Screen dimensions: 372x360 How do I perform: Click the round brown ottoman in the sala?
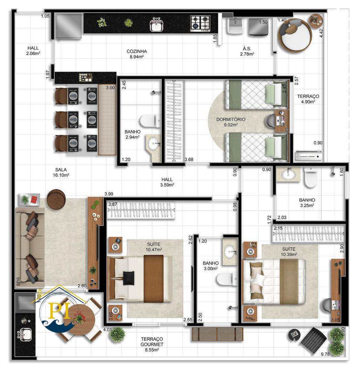[56, 199]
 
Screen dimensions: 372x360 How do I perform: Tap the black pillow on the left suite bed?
[129, 277]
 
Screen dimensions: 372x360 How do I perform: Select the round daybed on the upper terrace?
[296, 35]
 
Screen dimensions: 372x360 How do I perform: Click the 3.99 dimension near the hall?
[109, 194]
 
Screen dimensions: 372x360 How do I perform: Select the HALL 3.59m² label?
[167, 182]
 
